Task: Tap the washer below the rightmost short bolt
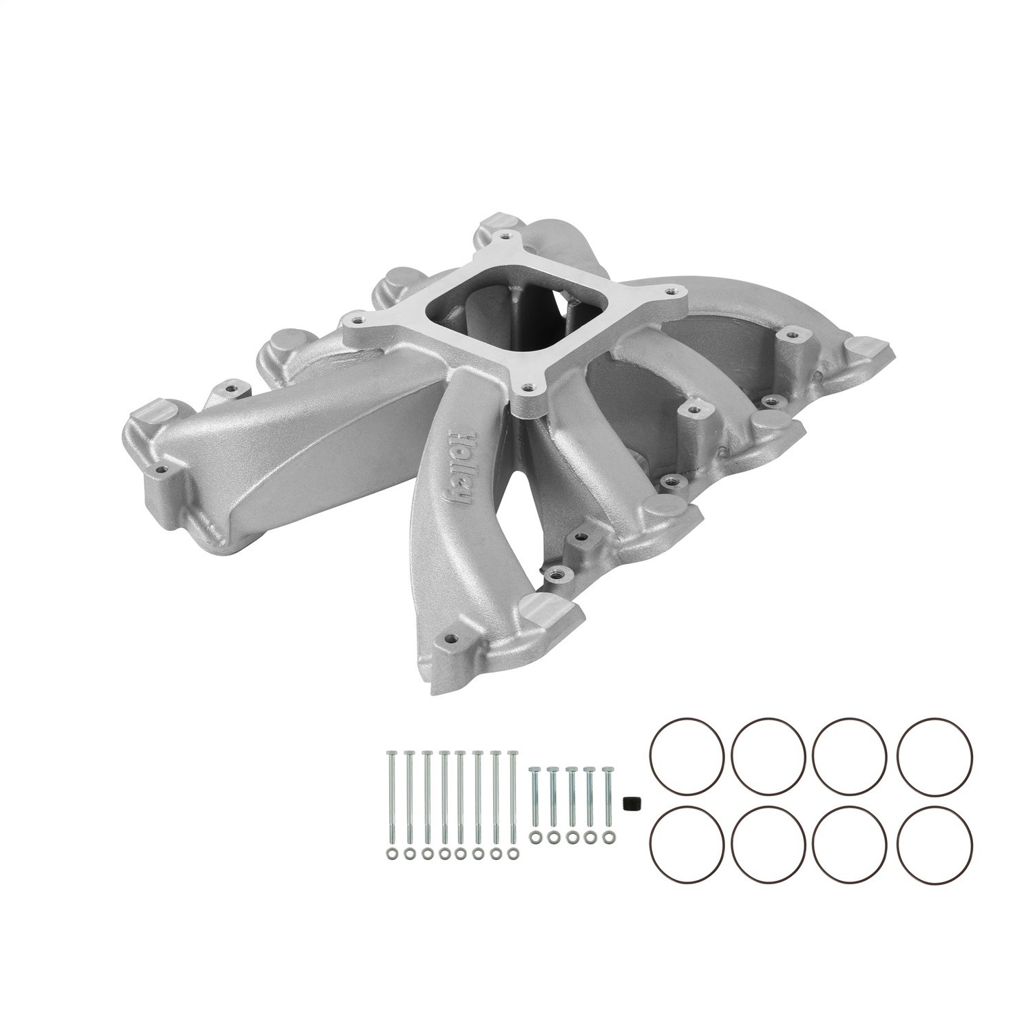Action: (607, 836)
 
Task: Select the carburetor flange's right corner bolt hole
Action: (671, 291)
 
